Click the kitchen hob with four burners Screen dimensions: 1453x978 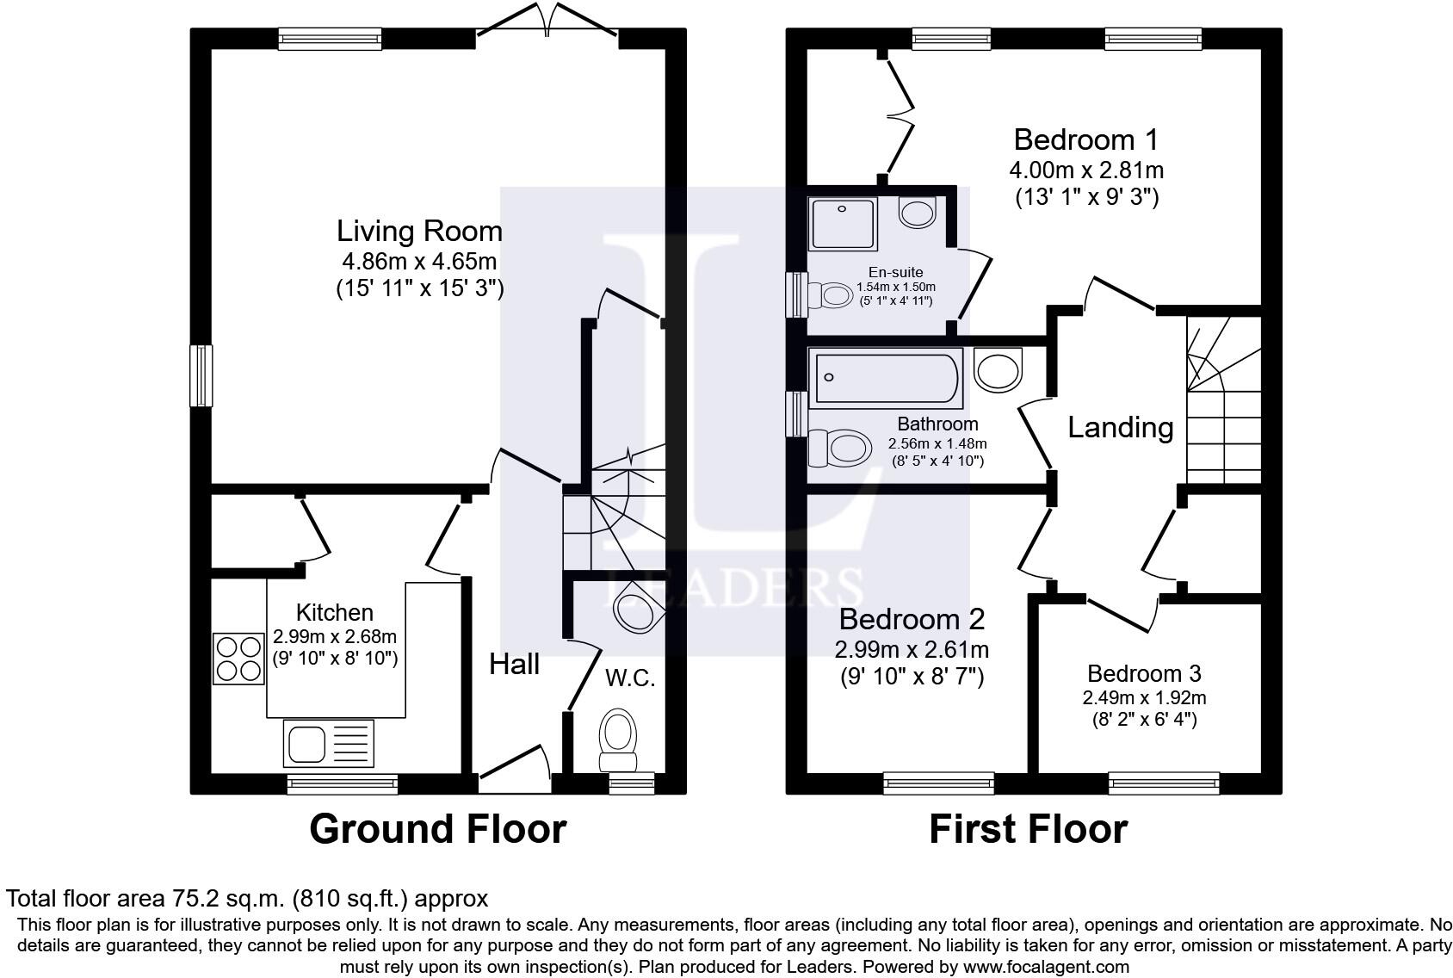[238, 659]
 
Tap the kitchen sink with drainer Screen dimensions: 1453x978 [329, 744]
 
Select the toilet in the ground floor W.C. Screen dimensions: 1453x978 [617, 740]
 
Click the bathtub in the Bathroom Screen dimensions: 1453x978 [886, 378]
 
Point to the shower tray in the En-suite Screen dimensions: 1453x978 [843, 224]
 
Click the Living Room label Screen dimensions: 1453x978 [419, 231]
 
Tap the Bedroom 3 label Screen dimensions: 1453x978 [1144, 673]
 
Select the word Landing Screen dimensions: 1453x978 [1120, 428]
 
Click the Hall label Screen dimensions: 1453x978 [514, 664]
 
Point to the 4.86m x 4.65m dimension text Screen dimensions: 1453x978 [419, 262]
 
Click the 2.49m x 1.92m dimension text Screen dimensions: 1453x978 [1144, 698]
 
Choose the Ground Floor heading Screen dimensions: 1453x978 [438, 829]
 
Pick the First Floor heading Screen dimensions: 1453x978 [1028, 829]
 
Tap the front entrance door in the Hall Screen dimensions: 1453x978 [515, 769]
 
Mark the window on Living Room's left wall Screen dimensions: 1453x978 [201, 375]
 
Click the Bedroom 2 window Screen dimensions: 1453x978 [938, 783]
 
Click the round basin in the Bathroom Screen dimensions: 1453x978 [998, 370]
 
